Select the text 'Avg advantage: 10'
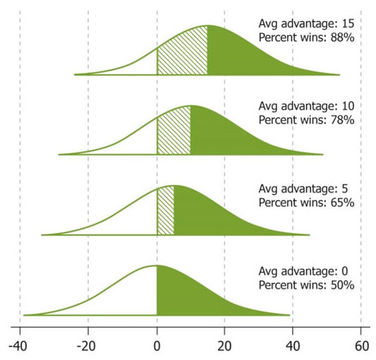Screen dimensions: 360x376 305,107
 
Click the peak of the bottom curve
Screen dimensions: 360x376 156,266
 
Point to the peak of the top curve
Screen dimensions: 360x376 207,26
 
